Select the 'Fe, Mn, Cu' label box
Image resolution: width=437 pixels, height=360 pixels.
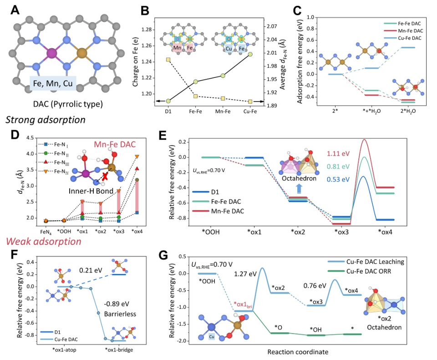pyautogui.click(x=53, y=84)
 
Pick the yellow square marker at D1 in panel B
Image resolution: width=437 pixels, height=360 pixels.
pyautogui.click(x=168, y=60)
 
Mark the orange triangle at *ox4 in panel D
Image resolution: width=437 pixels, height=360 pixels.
pyautogui.click(x=137, y=157)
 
